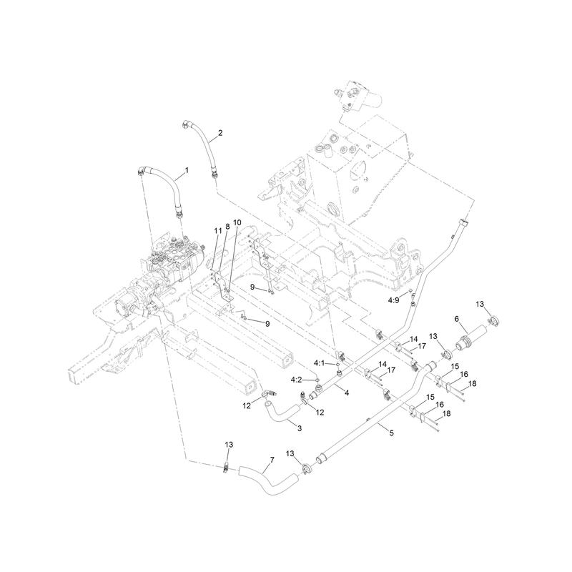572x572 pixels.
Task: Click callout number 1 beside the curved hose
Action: (187, 170)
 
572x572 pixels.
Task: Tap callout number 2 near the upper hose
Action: (220, 133)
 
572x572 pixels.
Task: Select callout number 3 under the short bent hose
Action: (300, 428)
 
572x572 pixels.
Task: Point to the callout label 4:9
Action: (393, 300)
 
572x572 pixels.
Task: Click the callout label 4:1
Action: (318, 363)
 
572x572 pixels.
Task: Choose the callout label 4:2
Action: (296, 380)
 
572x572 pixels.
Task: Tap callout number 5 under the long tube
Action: (391, 433)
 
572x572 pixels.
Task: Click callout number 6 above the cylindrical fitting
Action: (456, 319)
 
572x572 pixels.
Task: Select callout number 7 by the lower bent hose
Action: (272, 460)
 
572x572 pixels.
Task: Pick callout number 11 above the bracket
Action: (218, 231)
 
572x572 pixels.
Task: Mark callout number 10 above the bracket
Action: (237, 222)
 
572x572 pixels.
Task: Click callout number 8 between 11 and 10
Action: (227, 227)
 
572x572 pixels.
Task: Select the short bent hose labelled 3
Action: (281, 414)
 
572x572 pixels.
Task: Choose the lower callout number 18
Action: (446, 414)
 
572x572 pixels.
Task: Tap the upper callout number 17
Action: (422, 346)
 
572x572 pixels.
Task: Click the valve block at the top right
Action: (360, 95)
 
